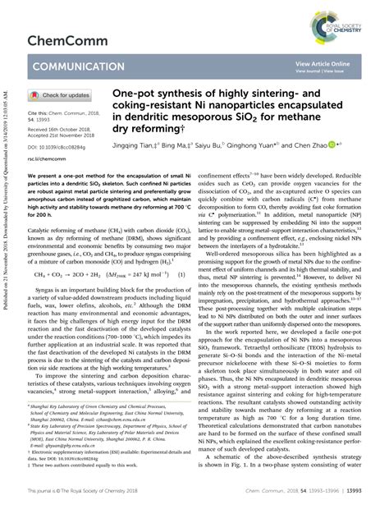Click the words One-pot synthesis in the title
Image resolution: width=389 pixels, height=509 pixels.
point(155,95)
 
